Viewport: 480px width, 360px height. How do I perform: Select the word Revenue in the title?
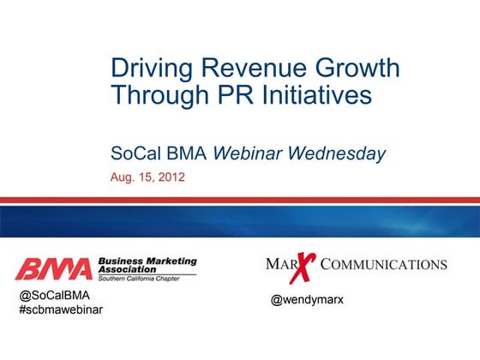tap(252, 68)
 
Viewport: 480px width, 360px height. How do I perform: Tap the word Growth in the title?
tap(357, 68)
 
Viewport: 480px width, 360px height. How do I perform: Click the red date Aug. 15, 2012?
tap(147, 178)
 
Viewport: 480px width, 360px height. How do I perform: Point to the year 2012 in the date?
tap(171, 178)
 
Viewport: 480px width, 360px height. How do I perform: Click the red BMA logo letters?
tap(53, 269)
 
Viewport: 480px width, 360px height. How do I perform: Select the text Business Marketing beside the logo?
tap(147, 261)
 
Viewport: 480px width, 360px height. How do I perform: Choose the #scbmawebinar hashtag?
tap(61, 309)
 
